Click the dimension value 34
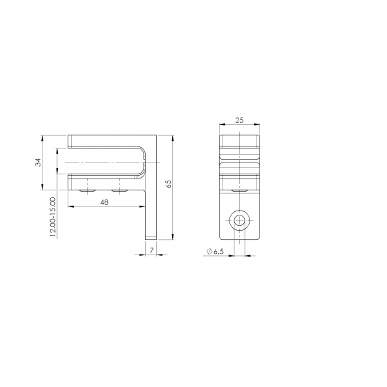tap(38, 162)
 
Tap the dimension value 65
tap(169, 184)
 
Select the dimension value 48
tap(105, 202)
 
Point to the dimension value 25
tap(239, 120)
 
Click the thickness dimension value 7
tap(151, 250)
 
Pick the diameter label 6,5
tap(219, 252)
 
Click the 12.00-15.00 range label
tap(53, 217)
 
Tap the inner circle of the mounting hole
tap(239, 220)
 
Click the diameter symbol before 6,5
tap(209, 252)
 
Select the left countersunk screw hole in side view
tap(86, 191)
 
